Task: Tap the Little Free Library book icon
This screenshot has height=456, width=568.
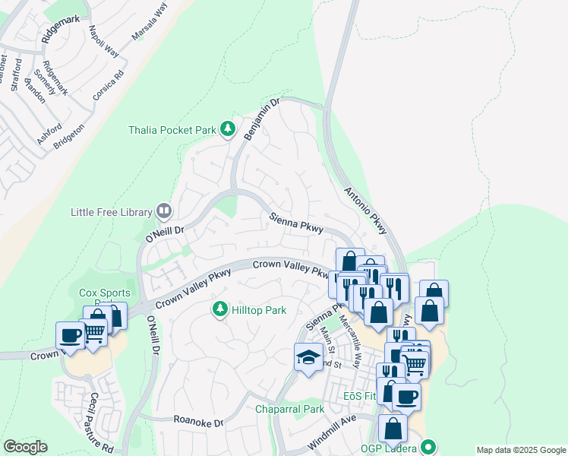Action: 164,211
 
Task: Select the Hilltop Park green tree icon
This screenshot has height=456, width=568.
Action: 220,309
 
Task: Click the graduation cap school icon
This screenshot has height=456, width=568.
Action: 308,357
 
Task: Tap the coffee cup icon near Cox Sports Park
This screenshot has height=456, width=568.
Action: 71,335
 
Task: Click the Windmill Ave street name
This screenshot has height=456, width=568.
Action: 332,434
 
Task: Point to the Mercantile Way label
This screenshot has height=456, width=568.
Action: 350,340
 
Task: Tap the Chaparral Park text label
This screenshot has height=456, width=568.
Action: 289,410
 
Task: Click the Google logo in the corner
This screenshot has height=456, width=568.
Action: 25,447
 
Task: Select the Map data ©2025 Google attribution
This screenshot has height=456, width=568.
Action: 520,450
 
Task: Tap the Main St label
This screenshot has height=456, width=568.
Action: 328,340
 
